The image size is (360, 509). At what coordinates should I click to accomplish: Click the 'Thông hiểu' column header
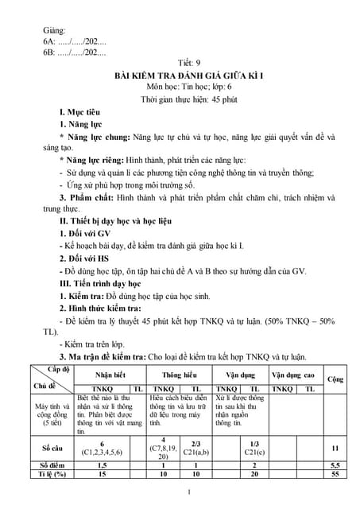[180, 374]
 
